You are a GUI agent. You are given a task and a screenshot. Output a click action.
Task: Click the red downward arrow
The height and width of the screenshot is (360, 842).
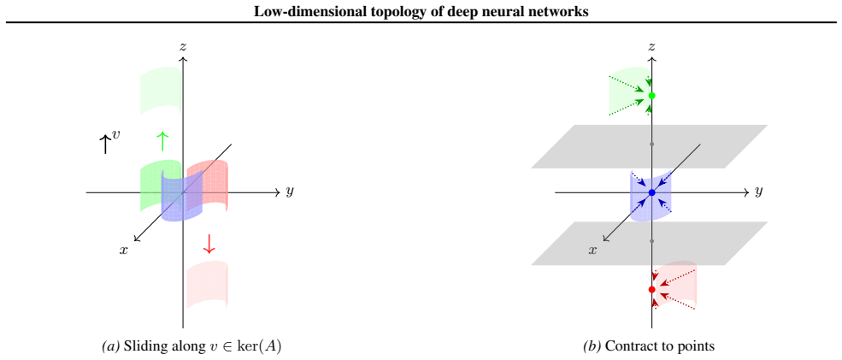[x=209, y=244]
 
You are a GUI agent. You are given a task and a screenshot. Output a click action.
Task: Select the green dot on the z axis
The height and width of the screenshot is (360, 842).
[x=652, y=96]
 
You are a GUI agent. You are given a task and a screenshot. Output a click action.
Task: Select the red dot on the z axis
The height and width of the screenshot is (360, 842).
[x=652, y=290]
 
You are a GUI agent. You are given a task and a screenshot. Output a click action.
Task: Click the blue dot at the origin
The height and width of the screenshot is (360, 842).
[x=652, y=192]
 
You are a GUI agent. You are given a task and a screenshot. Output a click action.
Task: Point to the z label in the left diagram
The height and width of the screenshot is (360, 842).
[x=184, y=47]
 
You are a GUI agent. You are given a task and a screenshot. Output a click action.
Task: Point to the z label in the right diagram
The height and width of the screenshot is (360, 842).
[x=652, y=47]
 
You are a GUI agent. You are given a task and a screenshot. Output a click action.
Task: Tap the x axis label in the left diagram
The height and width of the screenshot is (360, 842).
[x=124, y=250]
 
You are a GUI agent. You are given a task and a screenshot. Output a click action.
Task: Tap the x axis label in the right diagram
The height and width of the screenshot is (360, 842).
[x=593, y=250]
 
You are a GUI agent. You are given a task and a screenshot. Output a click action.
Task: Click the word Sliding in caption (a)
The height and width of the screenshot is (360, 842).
[x=139, y=347]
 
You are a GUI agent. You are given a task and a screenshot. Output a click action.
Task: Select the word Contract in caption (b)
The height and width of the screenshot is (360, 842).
[x=626, y=347]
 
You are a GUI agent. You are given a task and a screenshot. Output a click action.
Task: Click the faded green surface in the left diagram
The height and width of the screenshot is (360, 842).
[x=161, y=91]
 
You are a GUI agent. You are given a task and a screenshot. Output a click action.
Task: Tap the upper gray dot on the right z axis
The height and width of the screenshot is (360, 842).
[x=652, y=144]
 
